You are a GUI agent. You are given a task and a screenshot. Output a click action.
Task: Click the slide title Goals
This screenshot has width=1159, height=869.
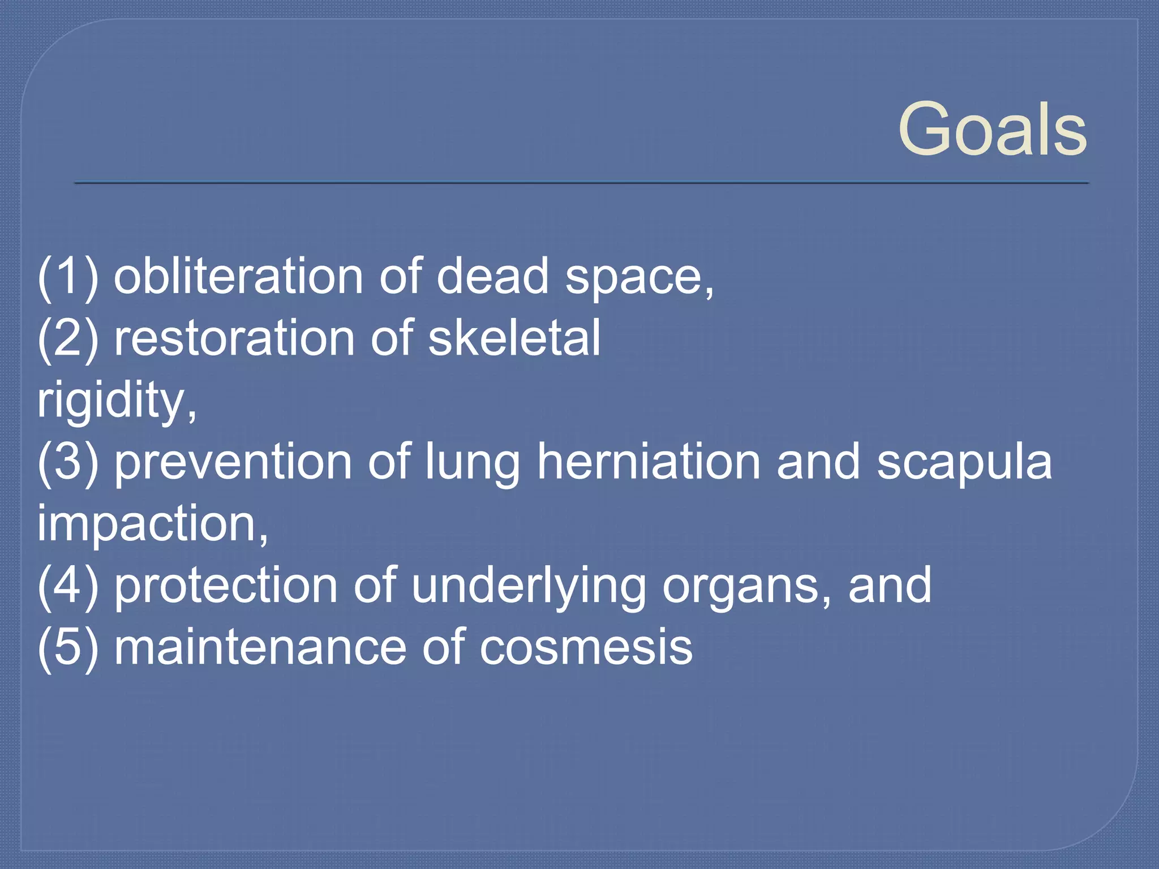coord(992,130)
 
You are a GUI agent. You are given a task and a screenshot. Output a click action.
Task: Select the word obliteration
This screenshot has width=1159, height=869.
coord(238,276)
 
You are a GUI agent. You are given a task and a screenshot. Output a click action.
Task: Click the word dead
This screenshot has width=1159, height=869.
coord(492,276)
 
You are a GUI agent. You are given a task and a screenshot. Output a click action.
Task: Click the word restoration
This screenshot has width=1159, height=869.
coord(234,338)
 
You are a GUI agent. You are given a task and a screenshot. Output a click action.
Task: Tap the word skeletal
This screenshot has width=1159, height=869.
coord(514,338)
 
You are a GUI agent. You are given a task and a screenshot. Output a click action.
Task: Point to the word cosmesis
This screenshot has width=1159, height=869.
coord(586,648)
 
